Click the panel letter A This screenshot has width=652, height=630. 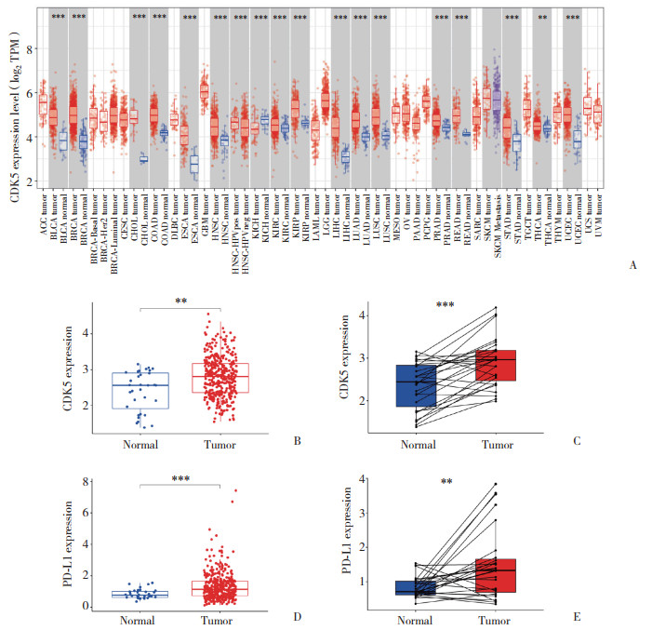632,265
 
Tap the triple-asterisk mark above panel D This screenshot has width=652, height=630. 180,478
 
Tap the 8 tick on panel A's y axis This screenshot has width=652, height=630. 28,47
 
